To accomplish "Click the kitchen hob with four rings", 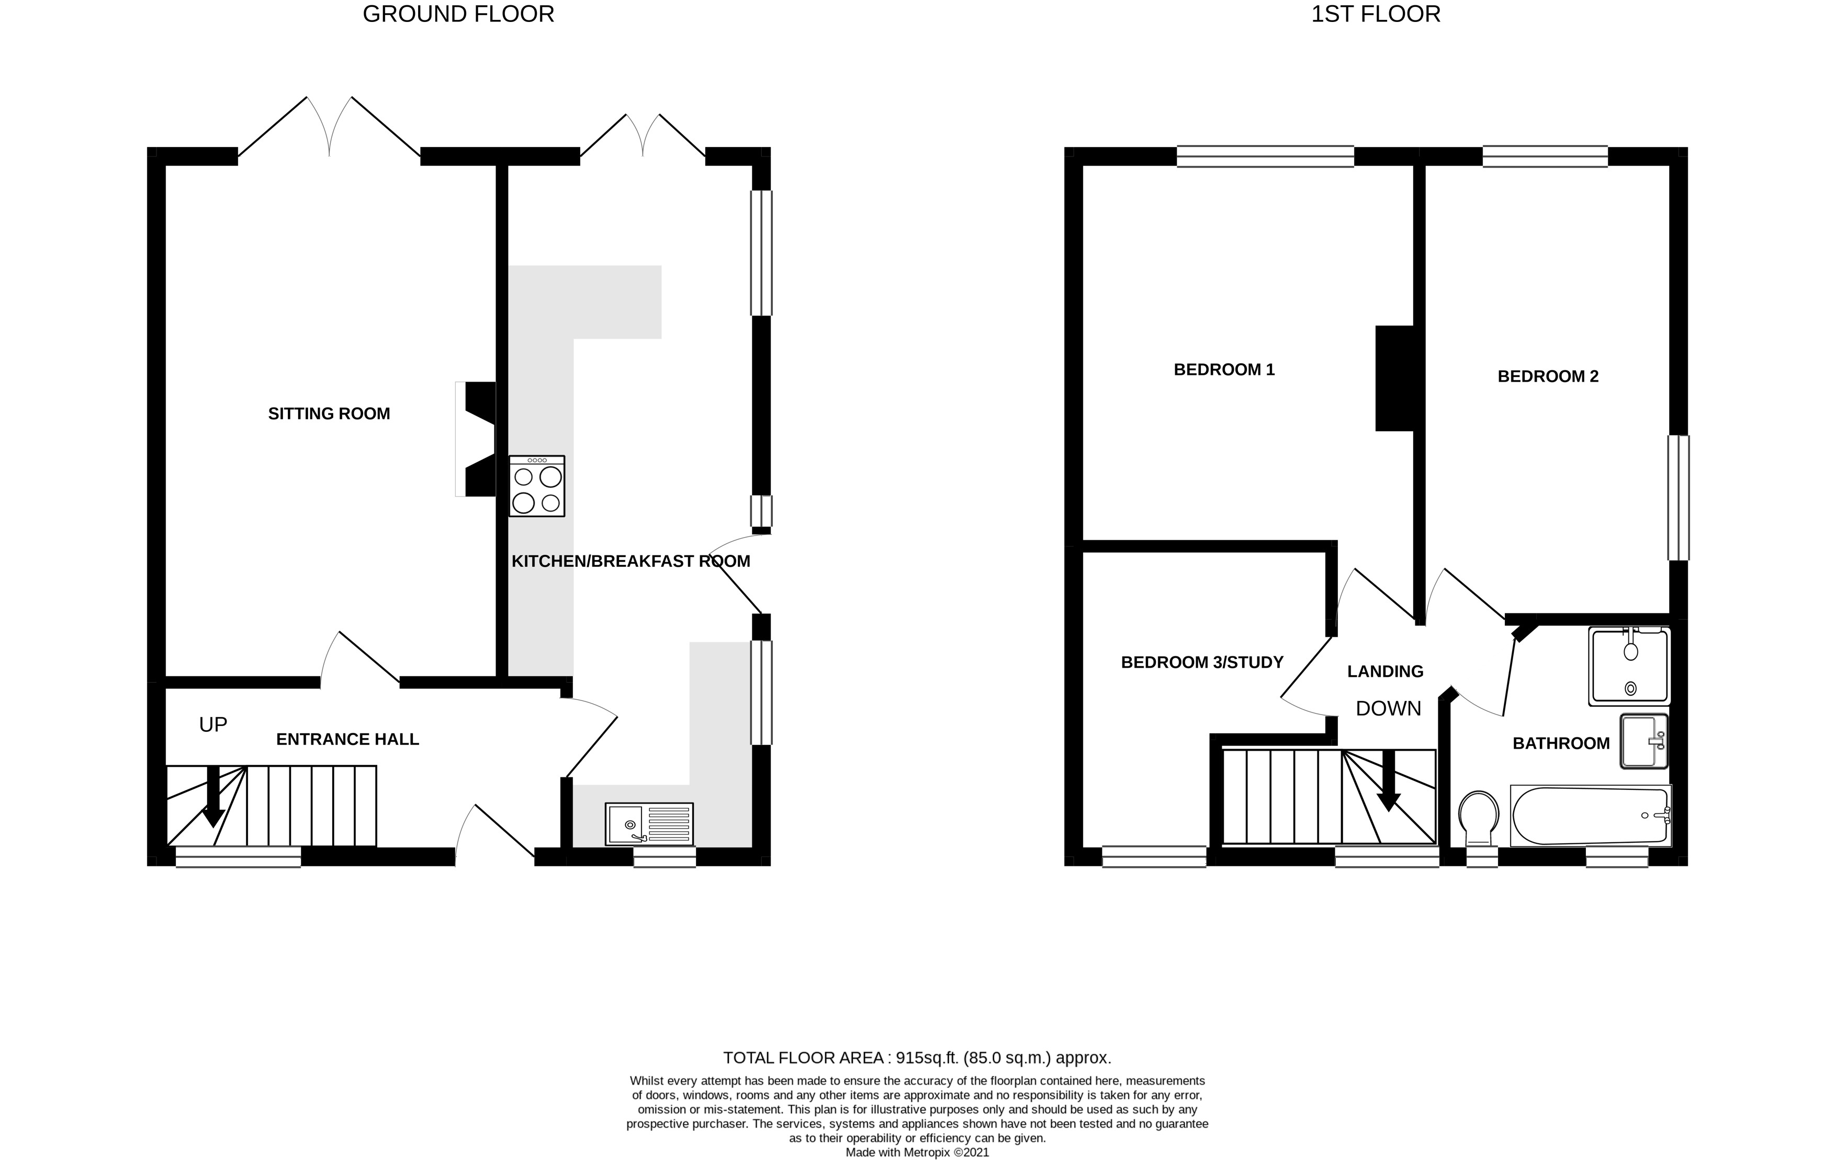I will pos(536,486).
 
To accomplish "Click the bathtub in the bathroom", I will pos(1590,816).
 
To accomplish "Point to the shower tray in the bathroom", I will pos(1628,665).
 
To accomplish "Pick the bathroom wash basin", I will pos(1643,740).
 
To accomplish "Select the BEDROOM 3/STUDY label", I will pos(1202,662).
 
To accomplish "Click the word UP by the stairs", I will pos(212,724).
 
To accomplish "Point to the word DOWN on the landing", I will pos(1388,709).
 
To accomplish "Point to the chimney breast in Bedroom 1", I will pos(1394,378).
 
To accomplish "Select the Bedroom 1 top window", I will pos(1265,156).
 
